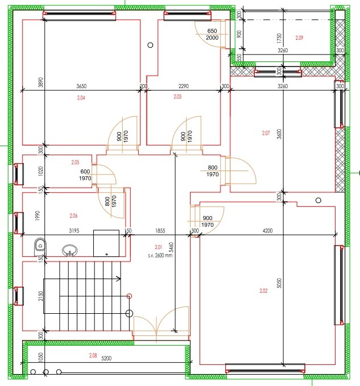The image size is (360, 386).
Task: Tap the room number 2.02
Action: (x=263, y=290)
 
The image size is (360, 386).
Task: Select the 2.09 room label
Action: (x=300, y=38)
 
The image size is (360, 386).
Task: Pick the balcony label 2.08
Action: (x=93, y=355)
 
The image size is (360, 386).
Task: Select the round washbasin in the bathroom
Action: (x=69, y=250)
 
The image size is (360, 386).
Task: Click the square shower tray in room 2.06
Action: (x=106, y=243)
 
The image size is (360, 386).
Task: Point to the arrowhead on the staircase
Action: (x=118, y=279)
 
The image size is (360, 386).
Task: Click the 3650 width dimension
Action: (x=81, y=86)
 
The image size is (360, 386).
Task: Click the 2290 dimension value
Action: (x=183, y=86)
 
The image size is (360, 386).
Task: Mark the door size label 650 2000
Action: (x=212, y=34)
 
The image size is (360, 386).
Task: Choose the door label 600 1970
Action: (x=85, y=175)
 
